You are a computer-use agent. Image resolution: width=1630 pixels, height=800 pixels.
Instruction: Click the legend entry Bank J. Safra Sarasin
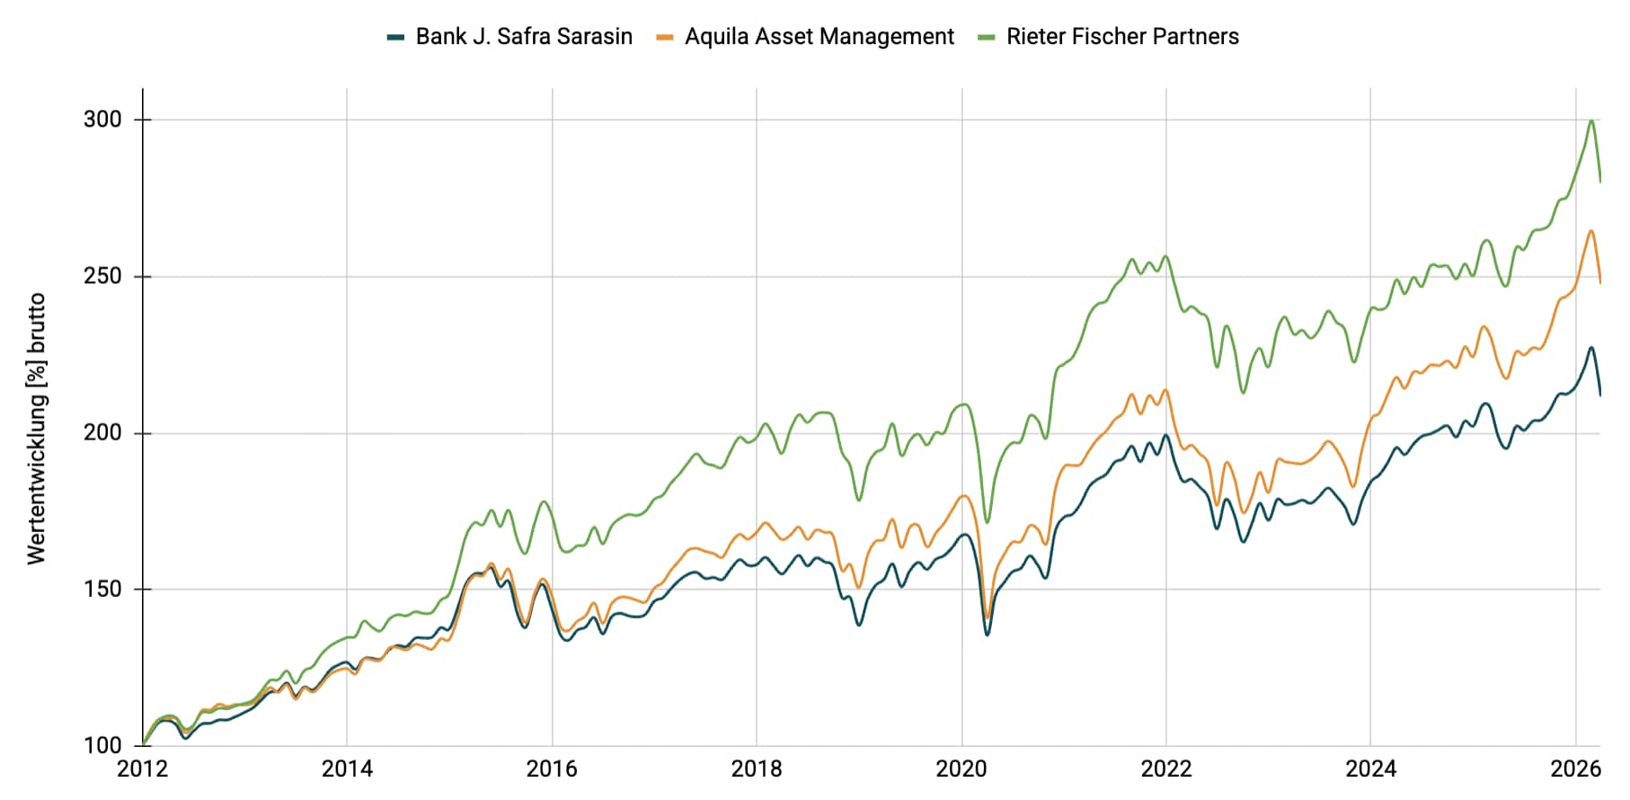(x=524, y=37)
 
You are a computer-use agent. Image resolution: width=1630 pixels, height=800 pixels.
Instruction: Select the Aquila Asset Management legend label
(x=819, y=37)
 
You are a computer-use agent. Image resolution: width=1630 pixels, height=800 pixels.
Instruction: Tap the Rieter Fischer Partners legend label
(x=1122, y=37)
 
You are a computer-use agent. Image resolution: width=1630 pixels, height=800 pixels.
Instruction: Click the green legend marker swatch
(x=987, y=38)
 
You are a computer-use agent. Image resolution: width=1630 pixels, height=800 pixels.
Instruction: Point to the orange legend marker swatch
(x=665, y=38)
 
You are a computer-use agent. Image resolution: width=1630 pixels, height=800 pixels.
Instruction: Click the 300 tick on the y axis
(x=102, y=120)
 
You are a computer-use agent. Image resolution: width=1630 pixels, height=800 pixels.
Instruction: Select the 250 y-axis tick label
(x=102, y=276)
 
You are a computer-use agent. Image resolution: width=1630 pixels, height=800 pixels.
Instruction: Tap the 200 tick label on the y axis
(x=102, y=432)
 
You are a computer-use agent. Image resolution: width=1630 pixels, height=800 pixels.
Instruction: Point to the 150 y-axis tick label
(x=102, y=589)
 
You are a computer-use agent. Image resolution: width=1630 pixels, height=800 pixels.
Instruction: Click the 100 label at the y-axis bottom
(x=102, y=745)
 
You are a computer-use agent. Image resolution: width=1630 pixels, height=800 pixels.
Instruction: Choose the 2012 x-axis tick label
(x=142, y=769)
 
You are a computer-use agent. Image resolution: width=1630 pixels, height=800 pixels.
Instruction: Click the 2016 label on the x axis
(x=552, y=769)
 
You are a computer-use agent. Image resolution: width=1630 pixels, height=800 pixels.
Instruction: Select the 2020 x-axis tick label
(x=961, y=769)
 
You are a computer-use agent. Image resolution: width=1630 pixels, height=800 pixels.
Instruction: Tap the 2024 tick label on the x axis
(x=1370, y=769)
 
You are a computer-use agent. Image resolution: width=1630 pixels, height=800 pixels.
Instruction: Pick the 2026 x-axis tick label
(x=1575, y=769)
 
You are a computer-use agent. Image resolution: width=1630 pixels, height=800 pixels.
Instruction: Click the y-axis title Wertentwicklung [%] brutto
(x=37, y=429)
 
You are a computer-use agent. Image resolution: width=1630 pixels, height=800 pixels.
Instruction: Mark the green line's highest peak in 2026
(x=1591, y=120)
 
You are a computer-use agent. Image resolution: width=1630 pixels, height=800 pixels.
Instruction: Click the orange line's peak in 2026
(x=1590, y=231)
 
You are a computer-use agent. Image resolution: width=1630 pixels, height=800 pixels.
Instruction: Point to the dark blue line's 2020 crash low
(x=987, y=635)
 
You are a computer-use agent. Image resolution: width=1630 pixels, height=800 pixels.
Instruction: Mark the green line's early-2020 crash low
(x=987, y=522)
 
